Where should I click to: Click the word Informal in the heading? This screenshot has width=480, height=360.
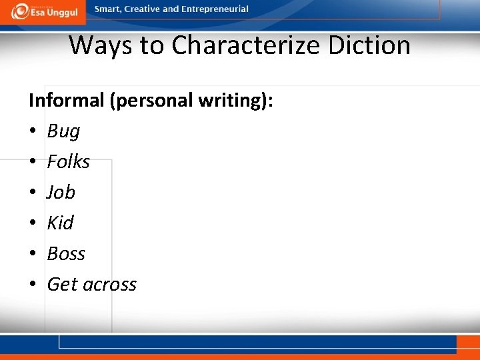67,101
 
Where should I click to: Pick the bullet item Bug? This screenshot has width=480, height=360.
63,131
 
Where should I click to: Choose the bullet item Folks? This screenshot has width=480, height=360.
68,161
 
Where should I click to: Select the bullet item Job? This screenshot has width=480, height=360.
61,192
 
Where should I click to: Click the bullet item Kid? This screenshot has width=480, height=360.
60,223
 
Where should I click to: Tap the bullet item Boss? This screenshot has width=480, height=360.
66,253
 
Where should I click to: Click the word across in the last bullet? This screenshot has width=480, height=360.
107,285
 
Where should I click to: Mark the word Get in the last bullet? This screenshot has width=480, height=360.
59,284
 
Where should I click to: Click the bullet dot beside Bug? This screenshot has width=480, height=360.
32,131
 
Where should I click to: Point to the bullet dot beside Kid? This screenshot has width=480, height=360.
32,223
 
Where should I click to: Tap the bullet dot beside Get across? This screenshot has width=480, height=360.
32,285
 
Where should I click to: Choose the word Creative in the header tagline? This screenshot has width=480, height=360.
141,9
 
